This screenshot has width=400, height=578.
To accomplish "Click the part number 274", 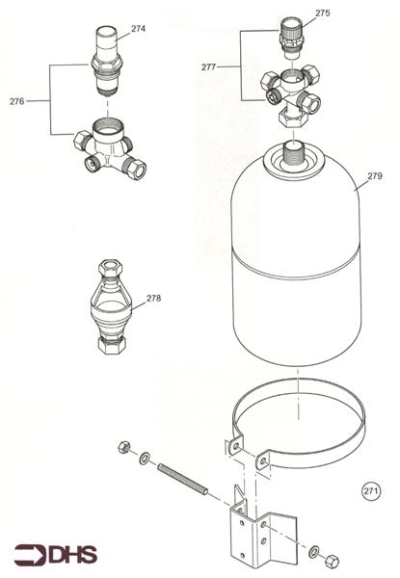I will coord(138,29).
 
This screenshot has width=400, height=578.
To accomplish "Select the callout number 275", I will coord(323,13).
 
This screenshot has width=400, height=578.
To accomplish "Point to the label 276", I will coord(16,100).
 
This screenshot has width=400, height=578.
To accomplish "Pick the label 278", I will coord(153,298).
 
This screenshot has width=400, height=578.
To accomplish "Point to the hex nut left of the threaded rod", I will coord(124,447).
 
